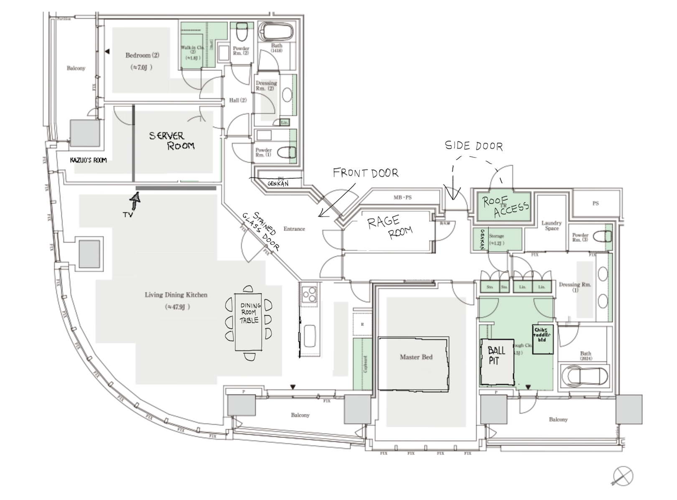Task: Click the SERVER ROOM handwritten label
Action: (172, 140)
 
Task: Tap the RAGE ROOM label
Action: (390, 227)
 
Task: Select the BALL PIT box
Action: (497, 362)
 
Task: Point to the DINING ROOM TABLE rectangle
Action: (249, 321)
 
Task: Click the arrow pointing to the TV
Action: (135, 200)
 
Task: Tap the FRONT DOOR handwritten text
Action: (365, 173)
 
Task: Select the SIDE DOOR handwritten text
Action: (473, 145)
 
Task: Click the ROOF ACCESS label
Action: (506, 207)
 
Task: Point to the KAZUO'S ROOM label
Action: (88, 160)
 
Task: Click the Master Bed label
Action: (416, 357)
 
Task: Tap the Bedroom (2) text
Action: (142, 55)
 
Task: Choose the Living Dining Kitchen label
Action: (176, 295)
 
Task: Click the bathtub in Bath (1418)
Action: (276, 32)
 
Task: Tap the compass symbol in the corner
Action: (623, 476)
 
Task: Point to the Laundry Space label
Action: (551, 225)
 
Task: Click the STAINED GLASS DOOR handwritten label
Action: (260, 231)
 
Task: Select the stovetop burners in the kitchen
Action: (309, 294)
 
